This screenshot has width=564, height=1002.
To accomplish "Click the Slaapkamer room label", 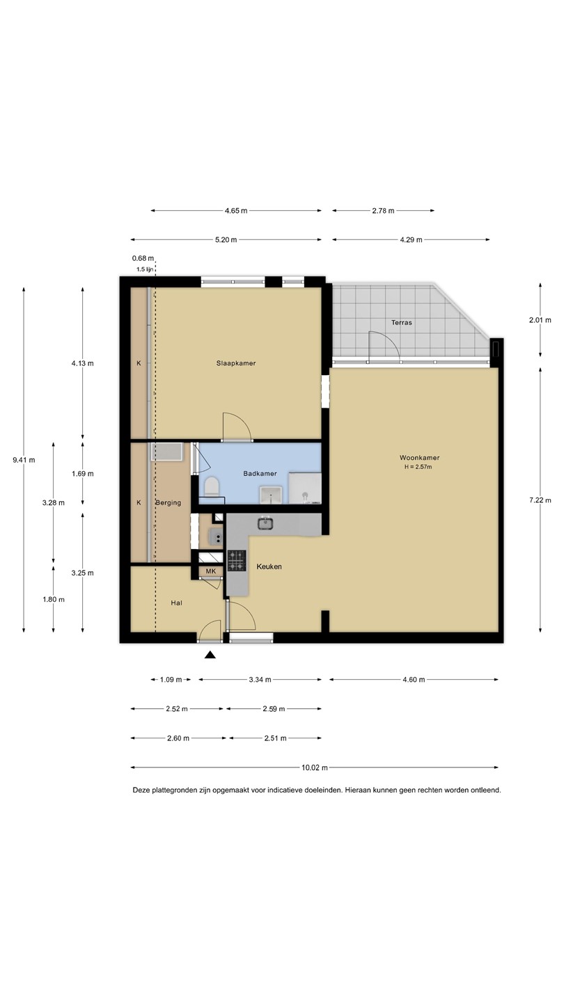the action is (x=236, y=363).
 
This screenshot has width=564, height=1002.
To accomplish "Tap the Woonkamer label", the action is (x=419, y=458).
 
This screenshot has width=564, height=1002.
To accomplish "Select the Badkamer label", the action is (x=260, y=473).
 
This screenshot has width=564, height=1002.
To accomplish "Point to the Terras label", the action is (x=402, y=322).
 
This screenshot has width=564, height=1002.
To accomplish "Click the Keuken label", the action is (x=269, y=566).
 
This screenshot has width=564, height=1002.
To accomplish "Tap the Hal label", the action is (x=176, y=603).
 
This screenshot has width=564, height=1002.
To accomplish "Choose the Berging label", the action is (x=169, y=503).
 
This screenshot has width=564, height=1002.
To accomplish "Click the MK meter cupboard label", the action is (x=211, y=571).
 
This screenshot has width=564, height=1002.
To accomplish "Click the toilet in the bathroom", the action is (x=211, y=486).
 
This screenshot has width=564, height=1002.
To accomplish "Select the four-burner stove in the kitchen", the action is (x=237, y=561).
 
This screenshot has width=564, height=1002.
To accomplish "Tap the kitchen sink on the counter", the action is (x=265, y=523).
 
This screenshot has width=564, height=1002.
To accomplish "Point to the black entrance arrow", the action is (x=210, y=655).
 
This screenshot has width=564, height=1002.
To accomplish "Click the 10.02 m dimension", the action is (x=315, y=768).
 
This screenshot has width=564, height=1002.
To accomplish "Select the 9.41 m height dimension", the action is (x=24, y=460).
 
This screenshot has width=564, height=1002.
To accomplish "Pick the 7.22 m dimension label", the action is (x=540, y=500).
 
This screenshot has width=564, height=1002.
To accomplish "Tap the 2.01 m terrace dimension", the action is (x=540, y=320).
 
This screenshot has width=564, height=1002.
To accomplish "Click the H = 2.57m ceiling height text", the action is (x=418, y=467).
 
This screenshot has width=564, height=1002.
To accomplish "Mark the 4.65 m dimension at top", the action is (x=236, y=211).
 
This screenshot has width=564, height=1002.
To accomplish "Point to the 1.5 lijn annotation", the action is (x=145, y=269).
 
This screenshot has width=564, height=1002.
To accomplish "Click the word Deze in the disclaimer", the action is (x=141, y=790).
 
